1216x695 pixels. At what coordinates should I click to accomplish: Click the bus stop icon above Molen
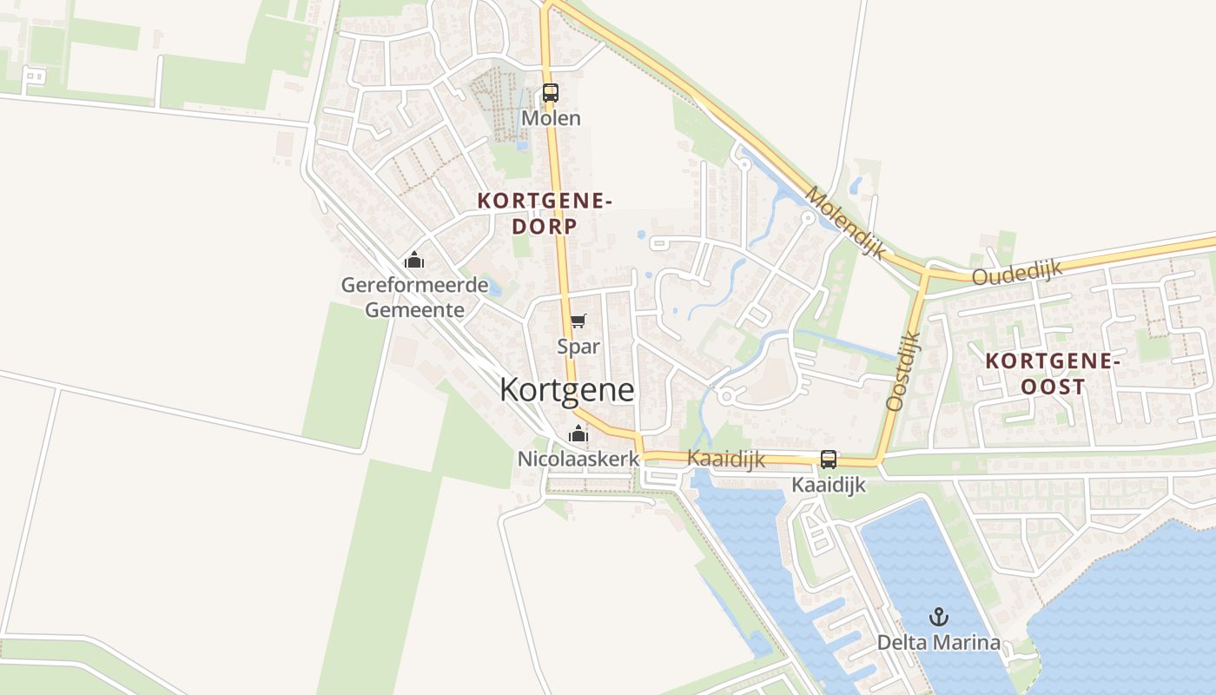(x=550, y=92)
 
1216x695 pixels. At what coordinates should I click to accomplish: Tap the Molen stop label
(x=551, y=117)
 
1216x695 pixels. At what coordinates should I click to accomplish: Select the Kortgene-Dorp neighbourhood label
(x=545, y=214)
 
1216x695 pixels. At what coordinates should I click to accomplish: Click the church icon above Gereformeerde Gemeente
(x=414, y=260)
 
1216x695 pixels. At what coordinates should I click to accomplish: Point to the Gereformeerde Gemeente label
(x=414, y=297)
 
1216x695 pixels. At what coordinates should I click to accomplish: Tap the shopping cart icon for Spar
(x=578, y=321)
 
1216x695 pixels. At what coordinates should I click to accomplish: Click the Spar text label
(x=578, y=346)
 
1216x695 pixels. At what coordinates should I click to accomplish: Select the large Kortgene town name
(x=566, y=390)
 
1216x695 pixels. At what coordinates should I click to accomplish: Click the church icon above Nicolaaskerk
(x=578, y=434)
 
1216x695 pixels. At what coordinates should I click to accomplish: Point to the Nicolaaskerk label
(x=578, y=458)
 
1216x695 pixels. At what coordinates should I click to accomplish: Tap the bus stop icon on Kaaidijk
(x=829, y=460)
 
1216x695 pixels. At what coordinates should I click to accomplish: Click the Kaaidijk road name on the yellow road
(x=726, y=458)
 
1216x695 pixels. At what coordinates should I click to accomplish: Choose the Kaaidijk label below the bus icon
(x=829, y=485)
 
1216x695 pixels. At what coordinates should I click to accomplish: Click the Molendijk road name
(x=845, y=222)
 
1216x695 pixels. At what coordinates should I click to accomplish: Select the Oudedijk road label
(x=1017, y=273)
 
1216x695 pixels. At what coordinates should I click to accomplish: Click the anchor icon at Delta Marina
(x=938, y=618)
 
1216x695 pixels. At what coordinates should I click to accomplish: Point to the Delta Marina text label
(x=938, y=643)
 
